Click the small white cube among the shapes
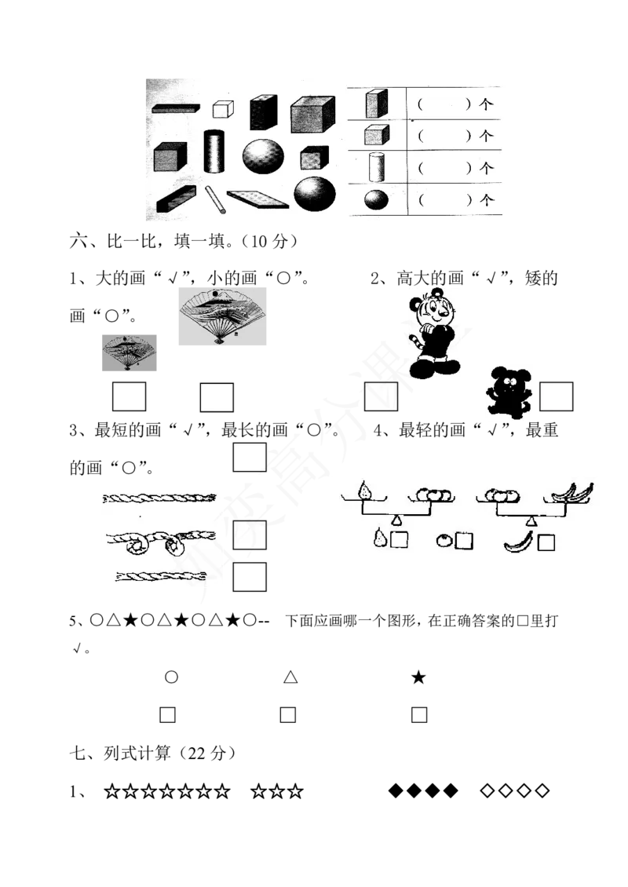pyautogui.click(x=223, y=108)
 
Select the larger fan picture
pyautogui.click(x=222, y=316)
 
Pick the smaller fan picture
pyautogui.click(x=129, y=353)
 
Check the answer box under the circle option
pyautogui.click(x=167, y=715)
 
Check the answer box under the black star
pyautogui.click(x=419, y=715)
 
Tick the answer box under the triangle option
pyautogui.click(x=288, y=715)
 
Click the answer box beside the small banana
pyautogui.click(x=546, y=543)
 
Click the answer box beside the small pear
pyautogui.click(x=400, y=540)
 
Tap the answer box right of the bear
pyautogui.click(x=556, y=396)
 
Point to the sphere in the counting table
pyautogui.click(x=376, y=199)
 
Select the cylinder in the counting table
pyautogui.click(x=377, y=167)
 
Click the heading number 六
pyautogui.click(x=78, y=241)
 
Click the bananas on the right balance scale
pyautogui.click(x=571, y=493)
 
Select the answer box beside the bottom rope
pyautogui.click(x=250, y=577)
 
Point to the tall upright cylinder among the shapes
pyautogui.click(x=214, y=151)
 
